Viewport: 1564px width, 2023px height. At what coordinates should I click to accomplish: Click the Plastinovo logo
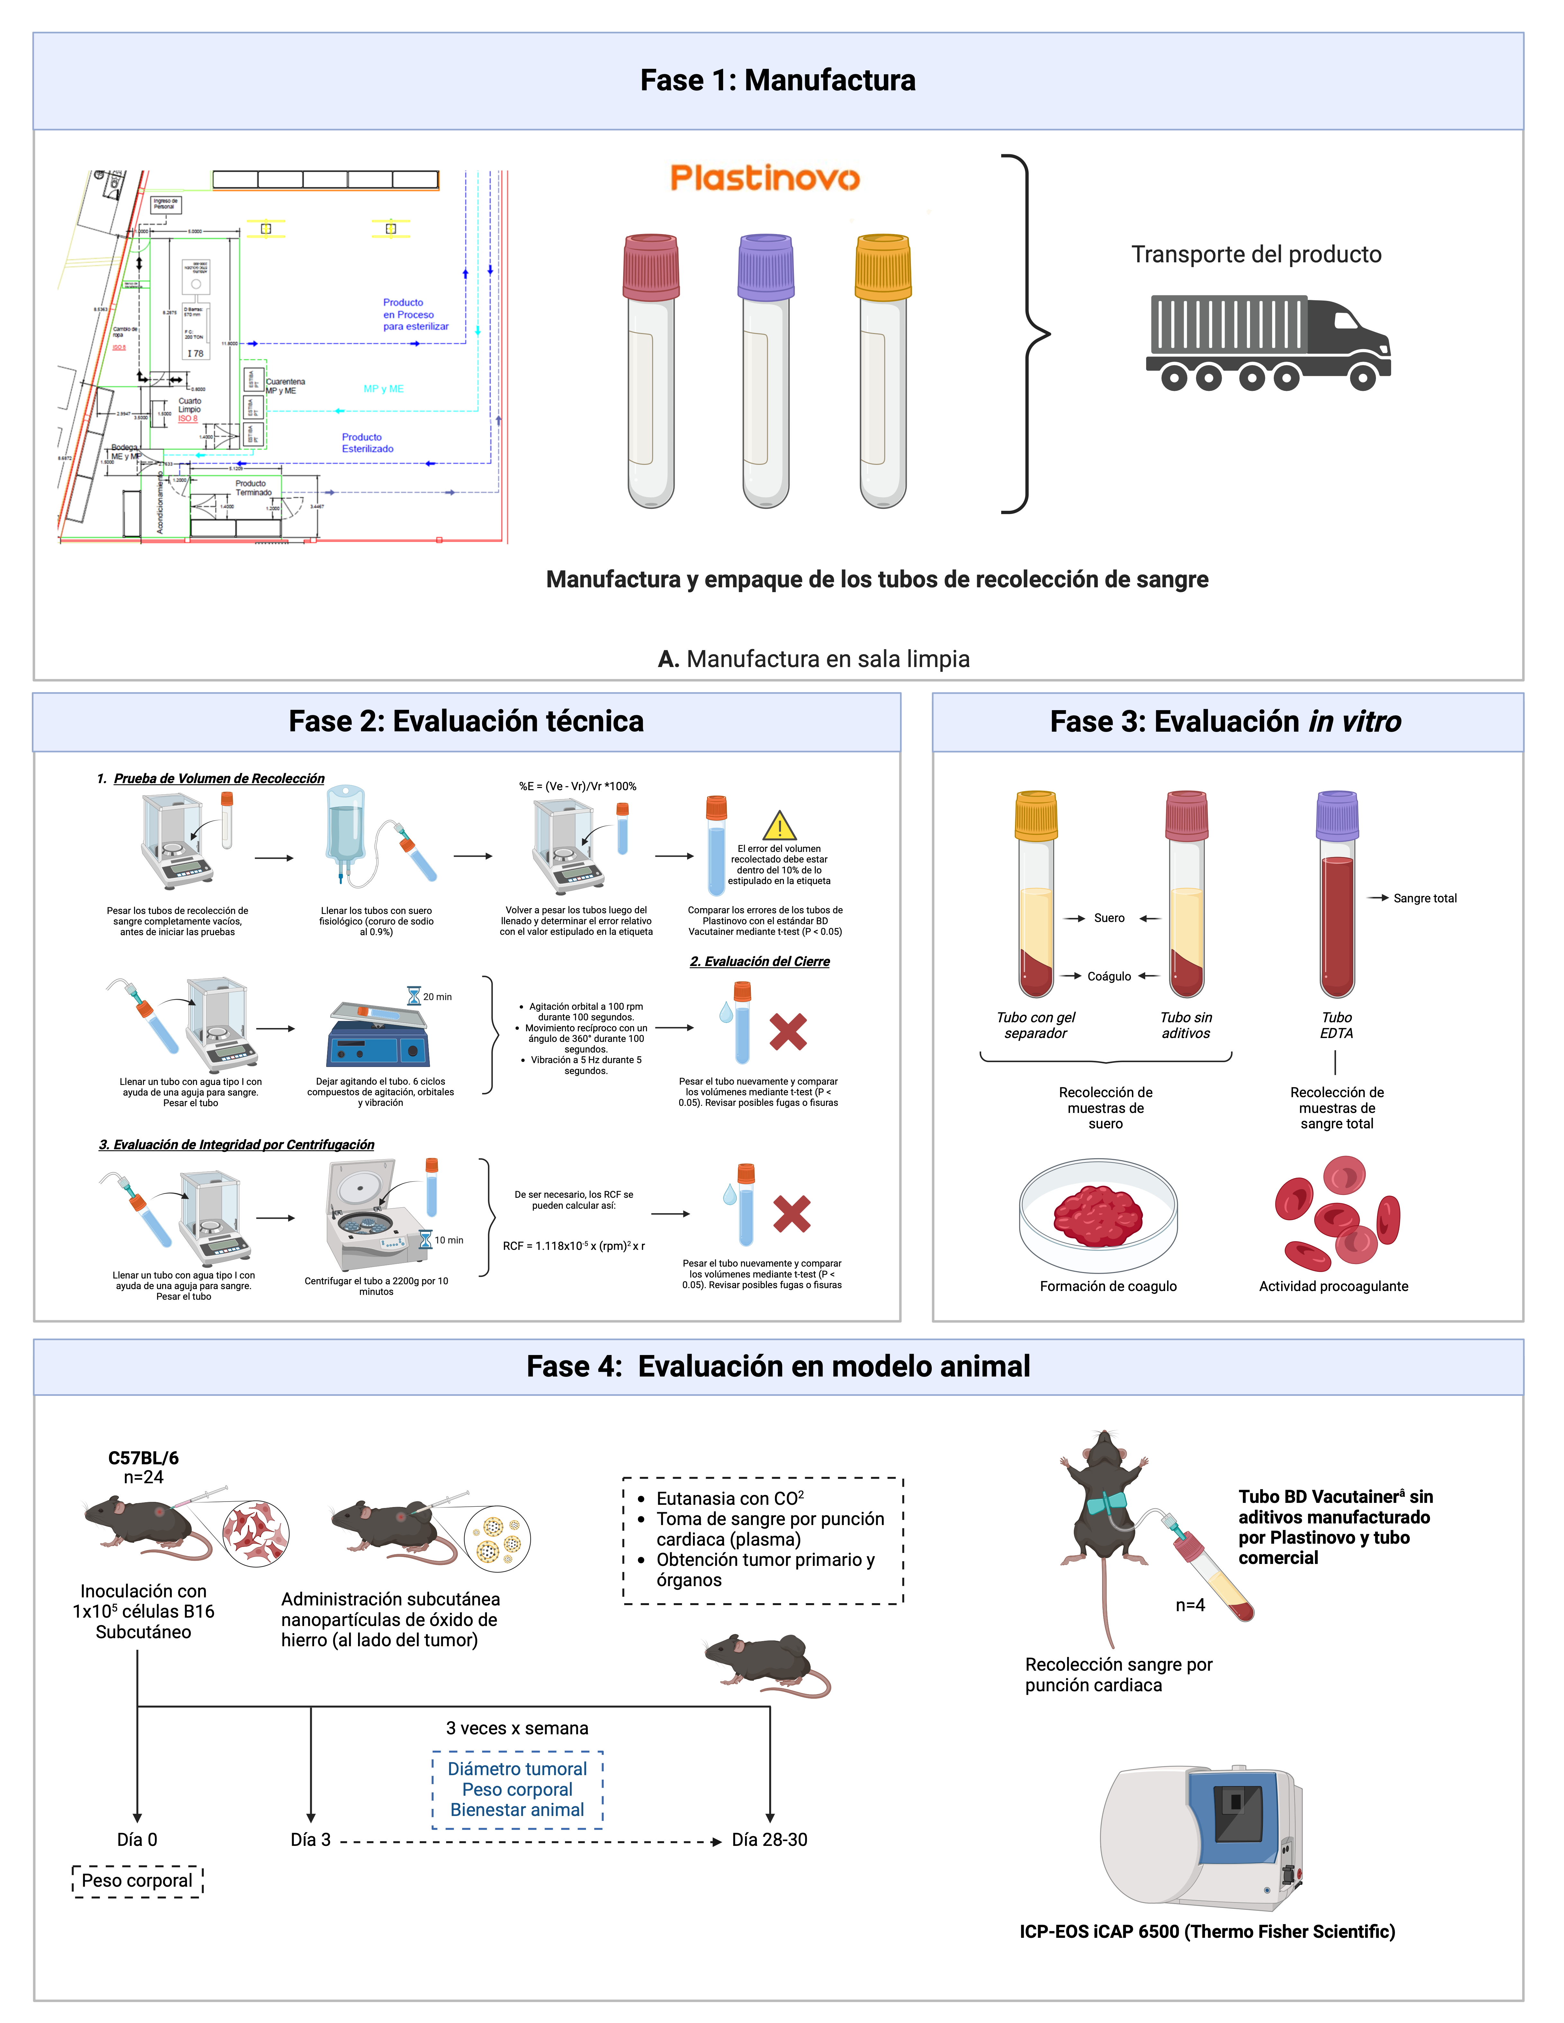click(x=765, y=178)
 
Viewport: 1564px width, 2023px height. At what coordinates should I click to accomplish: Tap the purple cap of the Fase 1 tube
click(x=766, y=266)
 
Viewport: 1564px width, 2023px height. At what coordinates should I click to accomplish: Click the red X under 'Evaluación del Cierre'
click(x=788, y=1032)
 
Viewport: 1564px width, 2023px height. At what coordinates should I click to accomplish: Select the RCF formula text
click(x=573, y=1246)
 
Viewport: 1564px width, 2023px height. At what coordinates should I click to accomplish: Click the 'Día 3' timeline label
click(x=310, y=1839)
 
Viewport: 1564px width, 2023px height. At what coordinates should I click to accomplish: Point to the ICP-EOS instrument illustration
click(x=1201, y=1837)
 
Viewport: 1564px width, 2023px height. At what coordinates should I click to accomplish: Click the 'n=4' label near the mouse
click(x=1190, y=1605)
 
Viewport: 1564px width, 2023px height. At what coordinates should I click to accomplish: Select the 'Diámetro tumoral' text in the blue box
click(x=517, y=1769)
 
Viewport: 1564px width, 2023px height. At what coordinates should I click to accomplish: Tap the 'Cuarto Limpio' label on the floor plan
click(x=190, y=406)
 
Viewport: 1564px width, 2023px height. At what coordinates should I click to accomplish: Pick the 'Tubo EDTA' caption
click(x=1336, y=1025)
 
